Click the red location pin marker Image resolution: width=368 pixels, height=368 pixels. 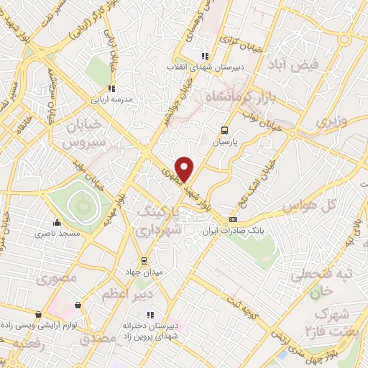[x=185, y=169]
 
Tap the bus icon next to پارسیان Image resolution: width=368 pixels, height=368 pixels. [x=224, y=130]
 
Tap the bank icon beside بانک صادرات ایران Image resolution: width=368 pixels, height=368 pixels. [x=233, y=219]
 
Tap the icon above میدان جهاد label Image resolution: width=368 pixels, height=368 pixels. [x=144, y=259]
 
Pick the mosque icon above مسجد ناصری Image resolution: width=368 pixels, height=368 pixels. [x=57, y=223]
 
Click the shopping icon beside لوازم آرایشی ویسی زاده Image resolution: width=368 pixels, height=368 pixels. [x=38, y=314]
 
